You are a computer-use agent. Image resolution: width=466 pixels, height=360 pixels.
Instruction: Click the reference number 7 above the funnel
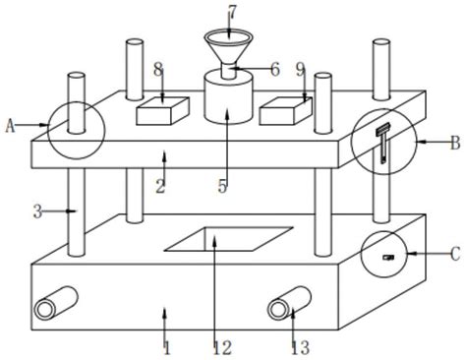tap(232, 13)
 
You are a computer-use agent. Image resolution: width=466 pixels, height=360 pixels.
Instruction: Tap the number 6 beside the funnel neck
tap(275, 70)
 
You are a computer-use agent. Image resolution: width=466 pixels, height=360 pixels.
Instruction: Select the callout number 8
tap(159, 70)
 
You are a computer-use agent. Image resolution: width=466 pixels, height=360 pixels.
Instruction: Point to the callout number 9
tap(300, 70)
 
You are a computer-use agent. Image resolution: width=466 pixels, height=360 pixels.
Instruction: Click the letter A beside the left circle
tap(11, 126)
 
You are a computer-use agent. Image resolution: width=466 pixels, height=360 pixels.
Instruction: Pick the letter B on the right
tap(455, 143)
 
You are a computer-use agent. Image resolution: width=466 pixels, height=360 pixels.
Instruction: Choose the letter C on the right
tap(455, 254)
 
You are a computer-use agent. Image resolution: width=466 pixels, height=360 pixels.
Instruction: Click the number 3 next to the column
tap(38, 212)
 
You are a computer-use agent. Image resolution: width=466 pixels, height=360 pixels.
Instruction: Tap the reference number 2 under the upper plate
tap(160, 186)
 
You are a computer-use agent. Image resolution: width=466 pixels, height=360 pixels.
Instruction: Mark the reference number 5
tap(222, 186)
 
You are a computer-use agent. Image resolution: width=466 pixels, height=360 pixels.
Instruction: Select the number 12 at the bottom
tap(222, 348)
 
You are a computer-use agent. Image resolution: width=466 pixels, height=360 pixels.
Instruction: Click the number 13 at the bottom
tap(301, 348)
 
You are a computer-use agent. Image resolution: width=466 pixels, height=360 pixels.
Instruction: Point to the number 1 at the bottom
tap(167, 348)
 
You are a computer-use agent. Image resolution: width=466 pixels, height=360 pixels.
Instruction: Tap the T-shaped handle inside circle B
tap(383, 143)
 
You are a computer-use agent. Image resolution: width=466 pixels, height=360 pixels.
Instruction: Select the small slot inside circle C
tap(388, 258)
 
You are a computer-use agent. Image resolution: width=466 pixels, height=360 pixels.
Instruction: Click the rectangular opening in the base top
tap(229, 239)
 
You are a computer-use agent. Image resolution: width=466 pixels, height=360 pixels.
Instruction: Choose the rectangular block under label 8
tap(162, 111)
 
